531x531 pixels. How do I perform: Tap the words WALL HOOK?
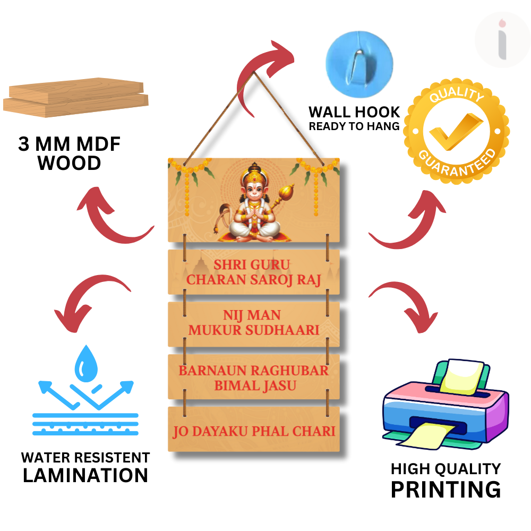tap(354, 112)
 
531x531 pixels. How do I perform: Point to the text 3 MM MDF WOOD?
tap(70, 153)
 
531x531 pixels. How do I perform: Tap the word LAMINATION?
tap(85, 475)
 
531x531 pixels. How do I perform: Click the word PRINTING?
tap(446, 489)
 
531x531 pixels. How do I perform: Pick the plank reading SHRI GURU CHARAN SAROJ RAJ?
tap(254, 272)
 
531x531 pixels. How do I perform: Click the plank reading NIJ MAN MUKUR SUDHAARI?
tap(254, 323)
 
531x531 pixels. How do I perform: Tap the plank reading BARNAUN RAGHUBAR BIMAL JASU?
tap(254, 377)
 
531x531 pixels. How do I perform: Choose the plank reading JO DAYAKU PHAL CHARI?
tap(254, 430)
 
